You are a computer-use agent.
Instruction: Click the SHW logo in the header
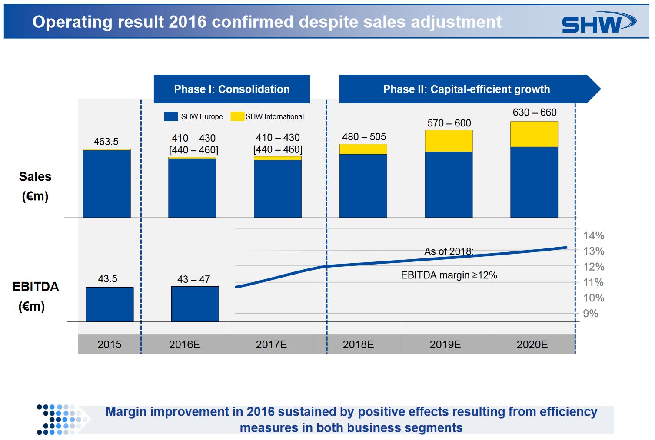[598, 23]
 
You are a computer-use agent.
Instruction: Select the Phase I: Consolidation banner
[232, 89]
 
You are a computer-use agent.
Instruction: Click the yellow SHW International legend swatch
[237, 116]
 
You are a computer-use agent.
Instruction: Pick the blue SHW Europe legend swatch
[171, 116]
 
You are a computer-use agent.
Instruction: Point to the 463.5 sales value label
[106, 142]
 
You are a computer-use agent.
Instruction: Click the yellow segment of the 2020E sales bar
[534, 134]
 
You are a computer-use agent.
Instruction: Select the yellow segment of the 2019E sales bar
[449, 141]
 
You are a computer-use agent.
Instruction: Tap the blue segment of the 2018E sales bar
[363, 185]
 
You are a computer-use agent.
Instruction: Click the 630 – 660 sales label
[535, 112]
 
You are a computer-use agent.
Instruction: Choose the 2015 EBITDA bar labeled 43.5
[110, 304]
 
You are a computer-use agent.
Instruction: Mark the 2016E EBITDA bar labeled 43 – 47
[195, 304]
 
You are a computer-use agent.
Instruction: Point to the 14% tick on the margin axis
[593, 235]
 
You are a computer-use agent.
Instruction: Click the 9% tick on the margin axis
[591, 314]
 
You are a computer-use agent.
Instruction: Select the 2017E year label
[271, 344]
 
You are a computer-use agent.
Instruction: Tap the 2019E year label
[445, 344]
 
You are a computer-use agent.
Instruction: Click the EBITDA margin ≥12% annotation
[449, 275]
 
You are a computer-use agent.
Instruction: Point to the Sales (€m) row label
[35, 186]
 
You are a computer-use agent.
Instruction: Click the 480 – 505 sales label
[364, 137]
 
